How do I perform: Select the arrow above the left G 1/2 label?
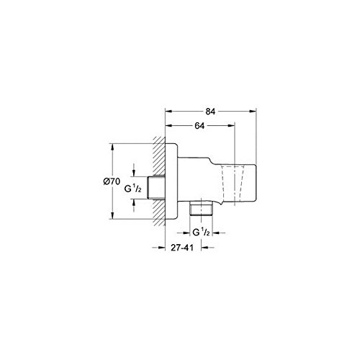pos(135,171)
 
